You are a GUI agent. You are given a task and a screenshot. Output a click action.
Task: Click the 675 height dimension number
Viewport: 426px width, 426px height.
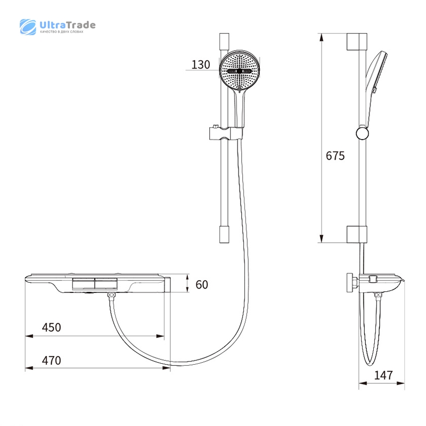[335, 156]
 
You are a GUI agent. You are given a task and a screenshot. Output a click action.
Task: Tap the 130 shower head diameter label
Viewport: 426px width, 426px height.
[201, 64]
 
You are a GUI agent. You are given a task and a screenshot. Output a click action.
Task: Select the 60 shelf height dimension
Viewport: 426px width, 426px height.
[202, 285]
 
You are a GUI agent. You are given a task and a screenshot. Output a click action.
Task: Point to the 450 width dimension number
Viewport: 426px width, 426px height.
[51, 327]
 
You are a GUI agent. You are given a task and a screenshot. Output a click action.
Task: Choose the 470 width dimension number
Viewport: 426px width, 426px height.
[51, 361]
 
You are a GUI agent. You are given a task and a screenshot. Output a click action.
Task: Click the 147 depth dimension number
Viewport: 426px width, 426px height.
[383, 375]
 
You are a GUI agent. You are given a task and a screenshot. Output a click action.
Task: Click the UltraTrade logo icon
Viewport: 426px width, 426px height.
[28, 27]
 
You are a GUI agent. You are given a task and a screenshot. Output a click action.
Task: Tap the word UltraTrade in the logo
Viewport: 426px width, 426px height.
[68, 25]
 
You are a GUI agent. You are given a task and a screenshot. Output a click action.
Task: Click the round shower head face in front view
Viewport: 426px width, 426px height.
[239, 71]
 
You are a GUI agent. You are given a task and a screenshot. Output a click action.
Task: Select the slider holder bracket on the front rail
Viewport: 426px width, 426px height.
[226, 133]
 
